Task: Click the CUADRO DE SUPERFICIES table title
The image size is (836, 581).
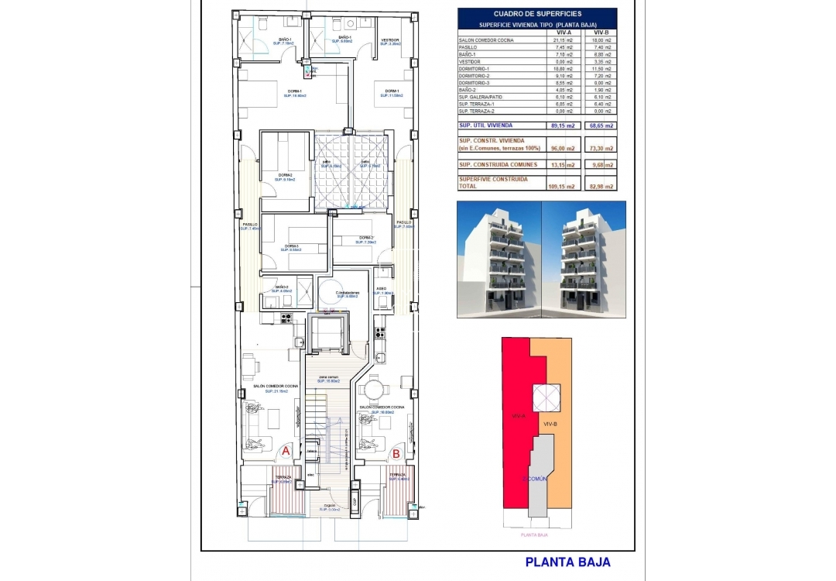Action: (537, 13)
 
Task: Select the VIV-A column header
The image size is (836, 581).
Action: (564, 33)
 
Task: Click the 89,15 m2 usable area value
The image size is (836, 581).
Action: (564, 125)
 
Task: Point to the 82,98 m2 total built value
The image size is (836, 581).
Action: (601, 186)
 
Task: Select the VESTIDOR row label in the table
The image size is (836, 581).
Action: (470, 61)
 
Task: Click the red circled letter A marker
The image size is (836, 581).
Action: (285, 450)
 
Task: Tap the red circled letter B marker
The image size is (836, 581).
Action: (396, 455)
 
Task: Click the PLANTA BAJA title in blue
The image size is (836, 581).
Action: (567, 562)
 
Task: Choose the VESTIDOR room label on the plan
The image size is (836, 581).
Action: (390, 41)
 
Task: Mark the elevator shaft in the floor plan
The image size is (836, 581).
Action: (328, 334)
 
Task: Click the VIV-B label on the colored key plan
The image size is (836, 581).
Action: (551, 424)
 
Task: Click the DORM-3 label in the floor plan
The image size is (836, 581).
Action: (292, 246)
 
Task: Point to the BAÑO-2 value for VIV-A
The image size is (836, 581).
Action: (564, 90)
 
